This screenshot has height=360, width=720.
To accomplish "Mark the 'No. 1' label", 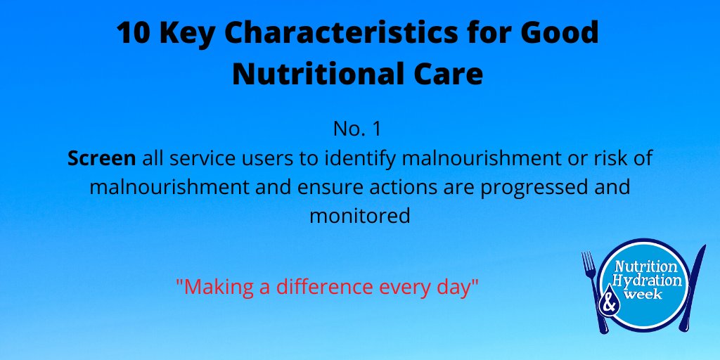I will [359, 131].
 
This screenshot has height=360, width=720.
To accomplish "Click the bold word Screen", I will [101, 159].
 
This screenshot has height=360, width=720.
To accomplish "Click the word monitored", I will [359, 216].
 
